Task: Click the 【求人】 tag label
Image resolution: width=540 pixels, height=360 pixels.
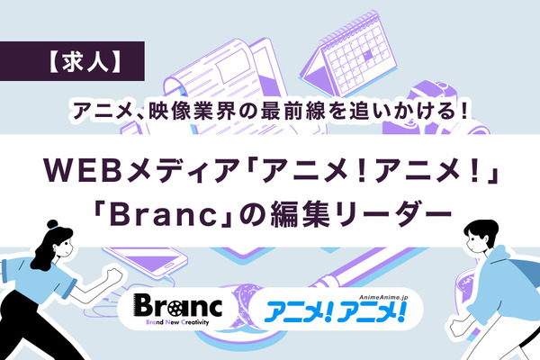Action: click(76, 64)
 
